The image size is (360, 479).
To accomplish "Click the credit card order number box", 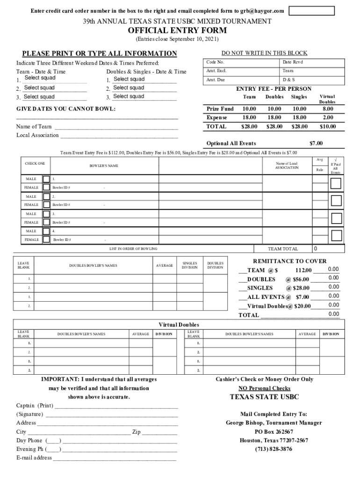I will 311,11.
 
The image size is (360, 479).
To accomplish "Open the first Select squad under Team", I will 40,78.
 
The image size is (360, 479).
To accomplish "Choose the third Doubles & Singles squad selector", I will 129,96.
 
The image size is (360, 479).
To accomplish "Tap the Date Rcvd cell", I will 293,62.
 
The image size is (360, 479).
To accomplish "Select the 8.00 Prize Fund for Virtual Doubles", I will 327,109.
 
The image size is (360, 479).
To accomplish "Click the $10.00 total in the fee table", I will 327,126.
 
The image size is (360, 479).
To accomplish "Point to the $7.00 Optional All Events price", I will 316,143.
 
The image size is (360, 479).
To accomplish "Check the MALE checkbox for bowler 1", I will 46,179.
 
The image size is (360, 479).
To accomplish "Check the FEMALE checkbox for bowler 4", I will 46,239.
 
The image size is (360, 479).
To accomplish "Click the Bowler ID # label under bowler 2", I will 61,205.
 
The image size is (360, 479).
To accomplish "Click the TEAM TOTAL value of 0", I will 316,249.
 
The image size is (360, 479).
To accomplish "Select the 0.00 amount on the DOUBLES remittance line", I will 333,278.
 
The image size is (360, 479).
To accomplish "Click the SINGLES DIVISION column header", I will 189,265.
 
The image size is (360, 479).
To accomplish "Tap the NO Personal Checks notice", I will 264,388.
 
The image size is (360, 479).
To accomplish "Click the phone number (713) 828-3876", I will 274,449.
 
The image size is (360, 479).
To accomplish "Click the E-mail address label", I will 34,458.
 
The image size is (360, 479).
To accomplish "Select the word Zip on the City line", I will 137,432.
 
